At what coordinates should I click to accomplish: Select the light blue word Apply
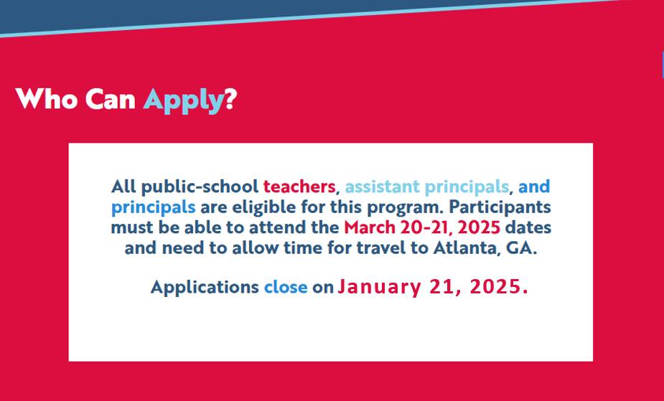point(183,101)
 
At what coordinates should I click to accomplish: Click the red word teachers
point(299,187)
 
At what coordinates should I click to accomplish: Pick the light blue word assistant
point(383,187)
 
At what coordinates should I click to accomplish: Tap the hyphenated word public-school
point(200,187)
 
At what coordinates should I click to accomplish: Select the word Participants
point(500,207)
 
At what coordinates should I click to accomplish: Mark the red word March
point(369,227)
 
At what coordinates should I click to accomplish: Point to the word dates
point(528,227)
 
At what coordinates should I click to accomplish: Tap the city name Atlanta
point(463,248)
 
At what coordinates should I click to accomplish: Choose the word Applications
point(205,287)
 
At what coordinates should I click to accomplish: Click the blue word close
point(286,287)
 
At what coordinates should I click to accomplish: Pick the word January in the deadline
point(379,288)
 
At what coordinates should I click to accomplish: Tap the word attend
point(274,227)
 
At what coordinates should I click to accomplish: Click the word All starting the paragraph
point(123,187)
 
